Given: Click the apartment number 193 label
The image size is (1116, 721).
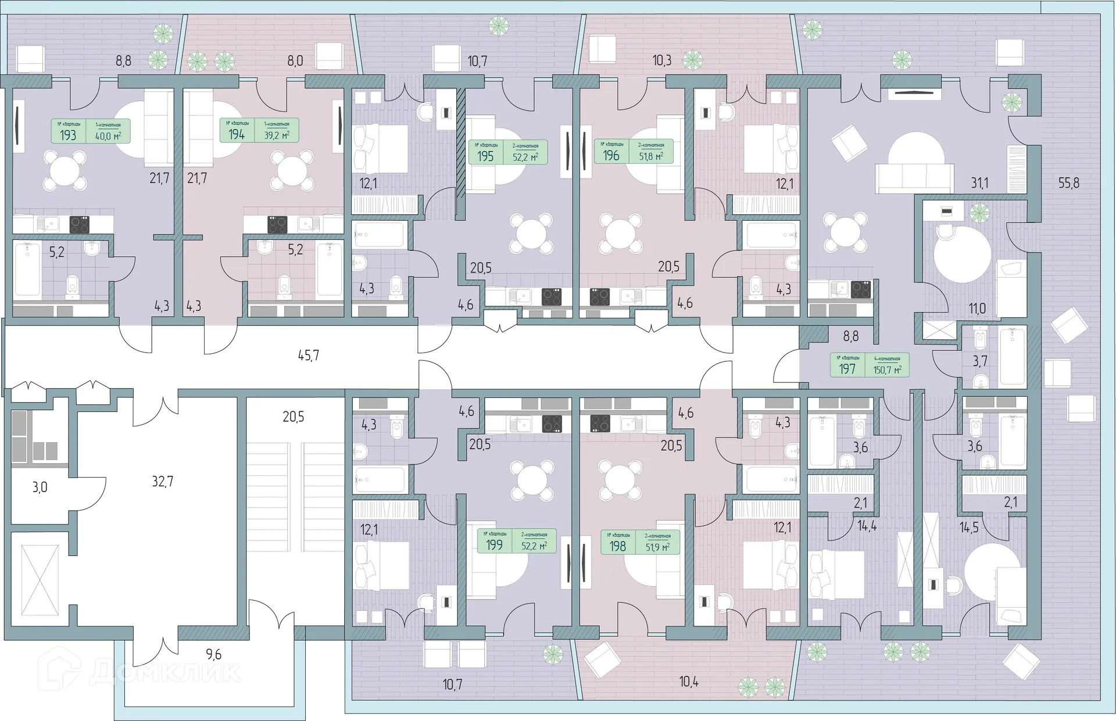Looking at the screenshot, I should tap(68, 135).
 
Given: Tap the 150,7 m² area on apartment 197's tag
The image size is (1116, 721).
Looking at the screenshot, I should tap(887, 370).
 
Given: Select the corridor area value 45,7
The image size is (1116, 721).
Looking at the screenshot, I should tap(308, 355).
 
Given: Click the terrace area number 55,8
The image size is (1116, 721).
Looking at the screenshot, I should tap(1068, 182).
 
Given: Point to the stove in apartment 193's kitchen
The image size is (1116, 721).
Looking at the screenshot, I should tap(79, 224).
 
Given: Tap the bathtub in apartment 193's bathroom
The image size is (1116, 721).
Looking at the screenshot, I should tap(27, 270).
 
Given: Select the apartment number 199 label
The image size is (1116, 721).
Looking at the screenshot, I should tap(494, 546).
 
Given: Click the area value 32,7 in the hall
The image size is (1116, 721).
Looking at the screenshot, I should tap(162, 481).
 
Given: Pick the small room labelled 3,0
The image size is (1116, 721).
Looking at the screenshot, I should tap(40, 487).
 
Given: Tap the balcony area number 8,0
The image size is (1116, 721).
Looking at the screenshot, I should tap(295, 60).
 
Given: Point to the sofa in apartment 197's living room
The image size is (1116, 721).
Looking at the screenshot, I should tap(914, 178).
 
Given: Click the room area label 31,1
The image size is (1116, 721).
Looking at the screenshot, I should tap(979, 183).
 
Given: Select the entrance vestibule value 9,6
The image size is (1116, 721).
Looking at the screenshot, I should tap(213, 654).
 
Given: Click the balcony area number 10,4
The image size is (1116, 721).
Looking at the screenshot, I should tap(688, 681).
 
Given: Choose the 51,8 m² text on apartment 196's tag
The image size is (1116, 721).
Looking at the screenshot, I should tap(650, 156).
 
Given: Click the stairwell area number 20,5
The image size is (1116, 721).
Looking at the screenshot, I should tap(293, 417).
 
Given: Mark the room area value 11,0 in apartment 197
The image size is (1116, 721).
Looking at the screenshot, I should tap(977, 309).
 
